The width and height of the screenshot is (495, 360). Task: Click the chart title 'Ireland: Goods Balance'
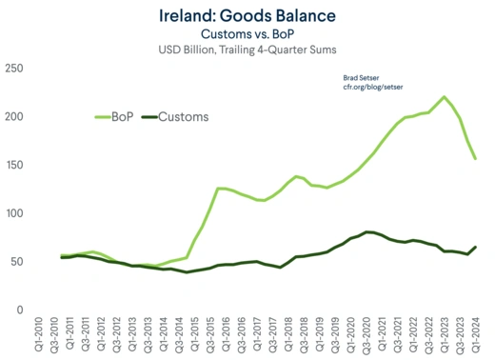point(247,16)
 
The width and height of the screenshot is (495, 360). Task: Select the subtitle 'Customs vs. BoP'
point(247,33)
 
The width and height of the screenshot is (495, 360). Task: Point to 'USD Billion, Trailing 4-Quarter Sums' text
point(247,50)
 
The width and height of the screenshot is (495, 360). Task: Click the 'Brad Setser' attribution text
point(362,76)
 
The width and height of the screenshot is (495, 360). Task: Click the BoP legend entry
point(116,116)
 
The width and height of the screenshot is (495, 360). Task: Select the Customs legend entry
point(175,116)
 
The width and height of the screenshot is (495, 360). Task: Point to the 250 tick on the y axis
point(14,69)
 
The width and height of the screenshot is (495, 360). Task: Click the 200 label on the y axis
point(14,116)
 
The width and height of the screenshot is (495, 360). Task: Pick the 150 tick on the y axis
point(14,165)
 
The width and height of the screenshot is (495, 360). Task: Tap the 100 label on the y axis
point(14,213)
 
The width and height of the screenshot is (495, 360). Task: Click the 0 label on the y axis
point(20,310)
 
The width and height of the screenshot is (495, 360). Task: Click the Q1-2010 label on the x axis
point(41,336)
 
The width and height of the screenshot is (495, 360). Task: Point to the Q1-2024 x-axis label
point(476,336)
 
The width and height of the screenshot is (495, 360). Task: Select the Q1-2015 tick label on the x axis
point(196,336)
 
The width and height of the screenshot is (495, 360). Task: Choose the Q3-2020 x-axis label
point(367,336)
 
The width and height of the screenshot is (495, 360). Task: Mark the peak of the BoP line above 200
point(444,97)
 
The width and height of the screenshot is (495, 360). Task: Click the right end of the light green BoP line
point(476,158)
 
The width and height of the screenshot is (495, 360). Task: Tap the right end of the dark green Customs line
point(476,247)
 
